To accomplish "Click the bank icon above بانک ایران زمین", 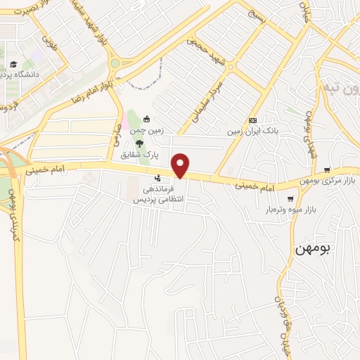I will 252,120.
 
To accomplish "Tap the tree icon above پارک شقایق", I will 140,143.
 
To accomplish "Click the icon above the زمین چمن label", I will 146,119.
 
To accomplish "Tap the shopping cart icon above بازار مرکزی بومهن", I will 327,170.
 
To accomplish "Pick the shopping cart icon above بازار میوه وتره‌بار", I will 290,199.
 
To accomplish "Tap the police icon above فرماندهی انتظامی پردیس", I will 157,179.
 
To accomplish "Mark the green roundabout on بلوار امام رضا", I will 114,63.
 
